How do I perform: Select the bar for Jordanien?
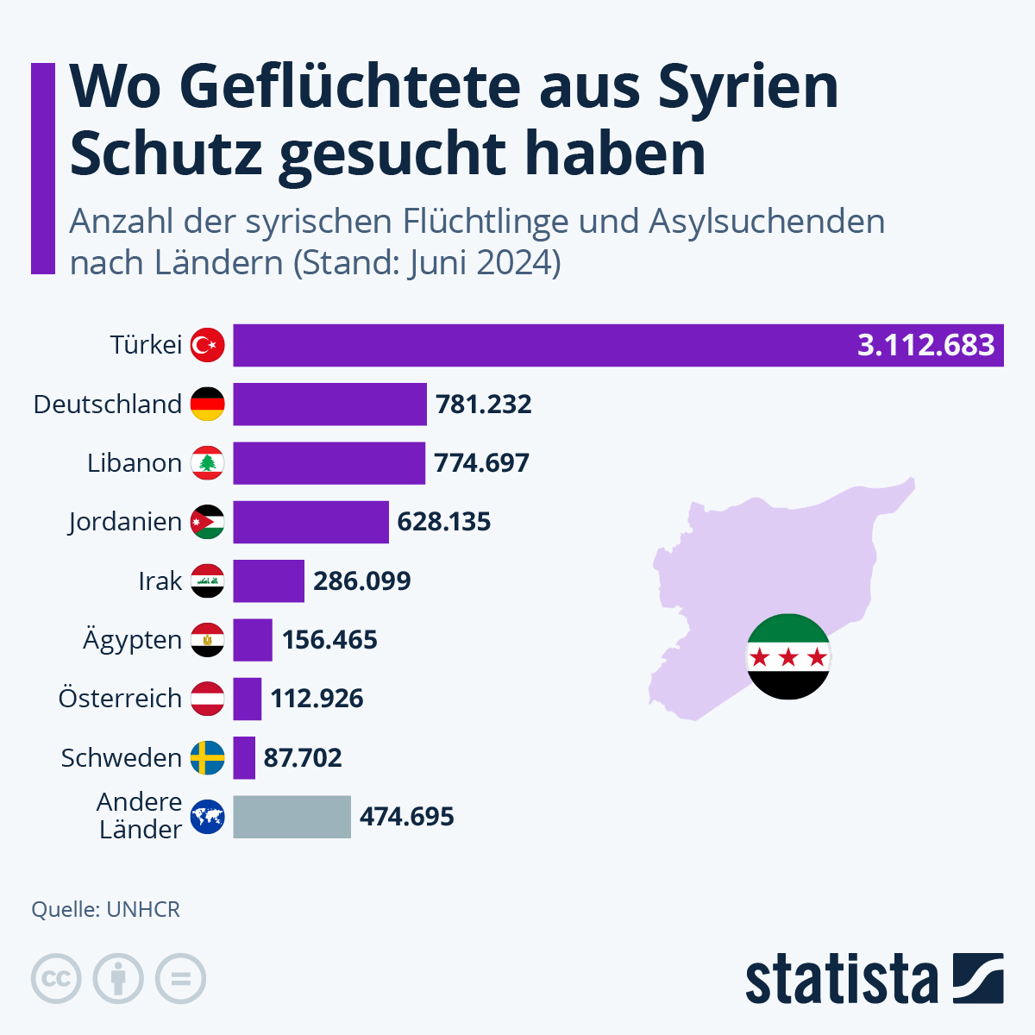pos(310,522)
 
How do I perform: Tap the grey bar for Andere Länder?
pos(292,817)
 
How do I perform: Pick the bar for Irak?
pos(268,580)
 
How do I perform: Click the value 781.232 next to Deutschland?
pos(483,405)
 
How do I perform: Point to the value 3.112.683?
pos(925,345)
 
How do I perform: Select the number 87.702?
pos(303,758)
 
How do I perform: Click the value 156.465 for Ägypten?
pos(329,640)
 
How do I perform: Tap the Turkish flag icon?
pos(207,345)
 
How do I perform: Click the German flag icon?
pos(207,405)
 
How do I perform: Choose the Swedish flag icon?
pos(207,758)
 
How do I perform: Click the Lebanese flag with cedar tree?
pos(207,463)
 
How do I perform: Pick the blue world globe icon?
pos(207,817)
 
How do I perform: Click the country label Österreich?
pos(120,699)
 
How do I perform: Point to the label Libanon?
pos(134,463)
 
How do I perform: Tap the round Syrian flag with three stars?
pos(787,656)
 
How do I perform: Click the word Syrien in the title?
pos(747,86)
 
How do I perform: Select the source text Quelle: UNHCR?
pos(105,910)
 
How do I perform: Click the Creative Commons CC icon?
pos(56,979)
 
